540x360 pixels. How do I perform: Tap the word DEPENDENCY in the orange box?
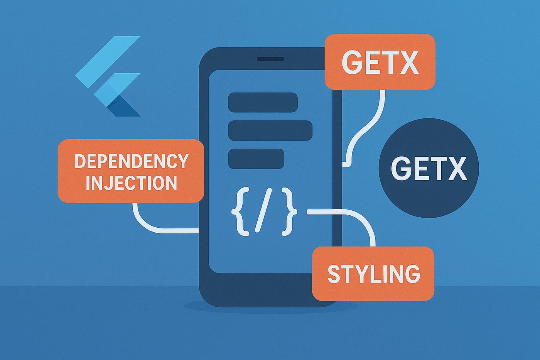[x=131, y=161]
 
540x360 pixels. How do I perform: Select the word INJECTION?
[x=131, y=183]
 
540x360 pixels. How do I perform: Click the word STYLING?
[x=373, y=274]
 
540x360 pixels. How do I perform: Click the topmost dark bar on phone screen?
[x=263, y=102]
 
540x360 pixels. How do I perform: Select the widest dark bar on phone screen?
[x=270, y=130]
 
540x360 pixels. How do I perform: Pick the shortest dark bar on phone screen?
[x=256, y=159]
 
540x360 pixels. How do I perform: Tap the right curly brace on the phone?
[x=290, y=211]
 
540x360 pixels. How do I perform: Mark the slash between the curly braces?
[x=264, y=211]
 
